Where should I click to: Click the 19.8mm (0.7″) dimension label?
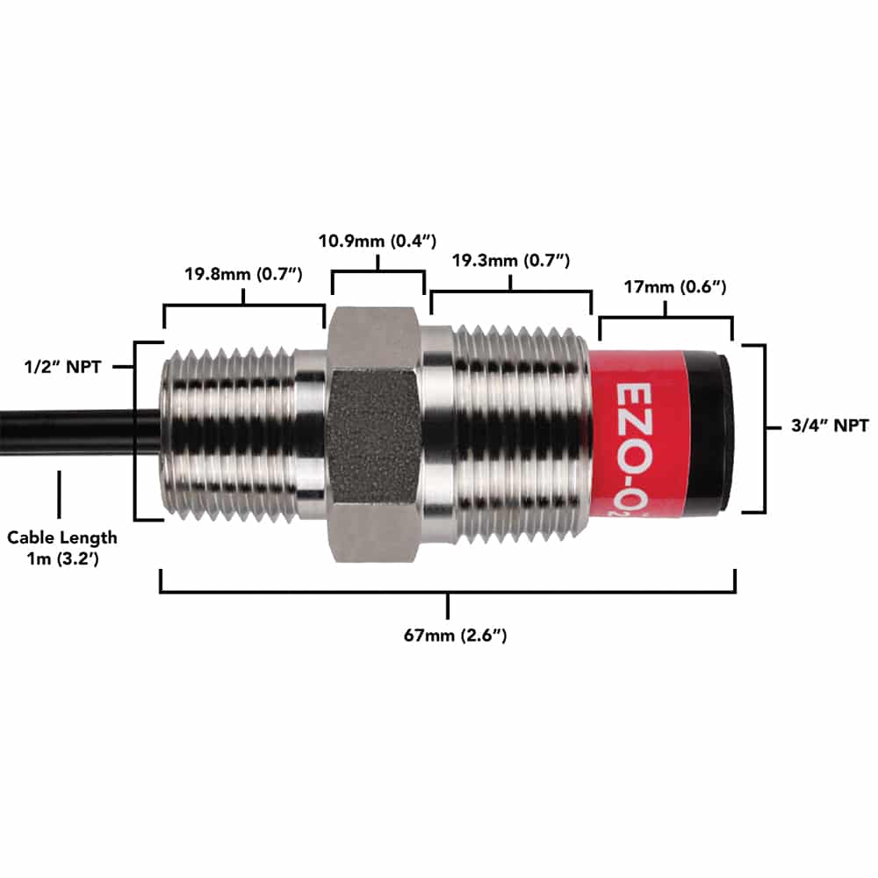coord(243,274)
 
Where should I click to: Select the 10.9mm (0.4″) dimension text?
coord(377,241)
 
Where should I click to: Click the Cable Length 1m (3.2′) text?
coord(61,545)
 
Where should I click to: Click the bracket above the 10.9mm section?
coord(378,273)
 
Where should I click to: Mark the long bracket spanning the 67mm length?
coord(448,593)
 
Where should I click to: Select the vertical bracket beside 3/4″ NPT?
coord(762,428)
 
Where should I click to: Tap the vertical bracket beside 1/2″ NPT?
coord(137,430)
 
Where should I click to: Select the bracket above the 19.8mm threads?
coord(244,305)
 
